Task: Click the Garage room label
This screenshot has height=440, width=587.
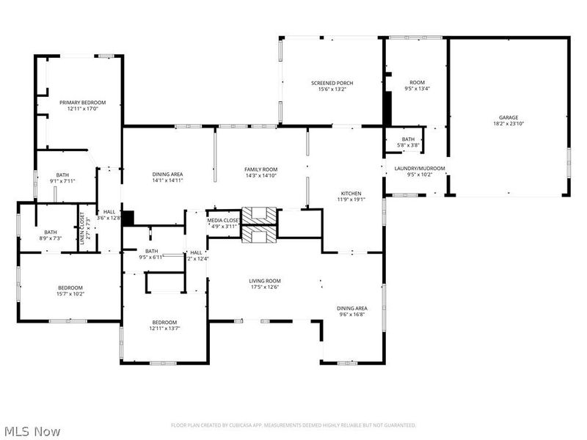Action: point(508,117)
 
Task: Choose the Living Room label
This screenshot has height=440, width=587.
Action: point(265,280)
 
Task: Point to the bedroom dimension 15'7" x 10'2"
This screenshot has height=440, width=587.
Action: point(70,294)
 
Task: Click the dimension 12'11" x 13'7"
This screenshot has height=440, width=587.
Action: point(164,329)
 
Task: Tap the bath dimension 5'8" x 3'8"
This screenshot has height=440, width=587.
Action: point(409,145)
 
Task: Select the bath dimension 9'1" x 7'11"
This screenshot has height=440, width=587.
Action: point(62,180)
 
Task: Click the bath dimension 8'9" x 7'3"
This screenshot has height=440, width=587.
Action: point(50,238)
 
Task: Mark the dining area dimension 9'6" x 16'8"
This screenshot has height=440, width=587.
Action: point(351,315)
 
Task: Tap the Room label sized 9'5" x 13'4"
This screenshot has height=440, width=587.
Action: point(417,89)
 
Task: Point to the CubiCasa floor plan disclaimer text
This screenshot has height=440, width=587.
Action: point(293,425)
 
